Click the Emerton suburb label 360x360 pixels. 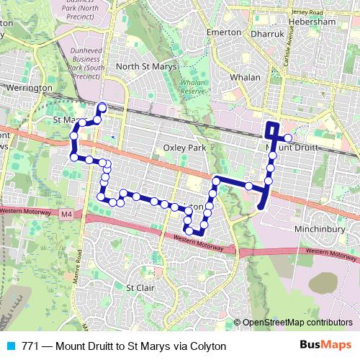[223, 33]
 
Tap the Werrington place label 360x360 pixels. [28, 88]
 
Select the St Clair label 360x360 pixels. [140, 287]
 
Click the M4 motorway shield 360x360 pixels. [66, 215]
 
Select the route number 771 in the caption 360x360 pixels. [30, 346]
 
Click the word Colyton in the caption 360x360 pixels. [208, 346]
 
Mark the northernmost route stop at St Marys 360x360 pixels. [102, 108]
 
